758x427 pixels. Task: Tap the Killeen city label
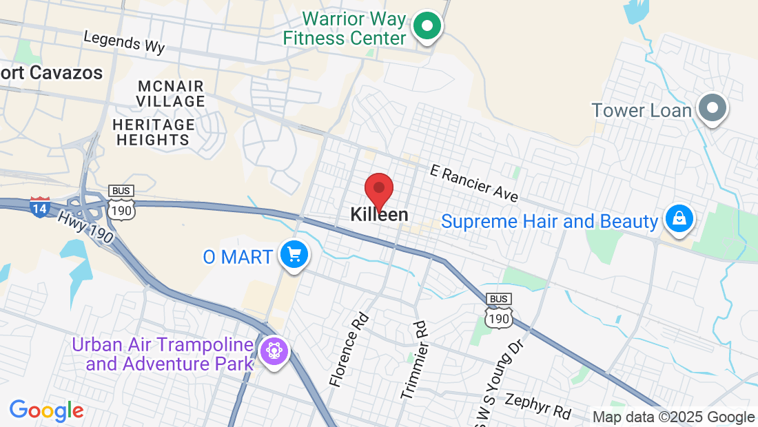coord(379,215)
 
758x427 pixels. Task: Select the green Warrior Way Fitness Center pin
coord(427,28)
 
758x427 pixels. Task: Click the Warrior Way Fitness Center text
coord(345,28)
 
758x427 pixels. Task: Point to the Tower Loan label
coord(642,110)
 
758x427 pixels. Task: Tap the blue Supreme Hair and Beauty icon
coord(679,219)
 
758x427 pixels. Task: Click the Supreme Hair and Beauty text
coord(549,222)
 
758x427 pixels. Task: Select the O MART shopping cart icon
coord(294,256)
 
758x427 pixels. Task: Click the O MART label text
coord(238,258)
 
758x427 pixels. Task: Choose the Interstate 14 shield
coord(39,207)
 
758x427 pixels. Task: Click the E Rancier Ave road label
coord(473,183)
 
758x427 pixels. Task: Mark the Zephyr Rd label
coord(537,406)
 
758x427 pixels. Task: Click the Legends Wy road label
coord(124,42)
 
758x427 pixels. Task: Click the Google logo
coord(47,411)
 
